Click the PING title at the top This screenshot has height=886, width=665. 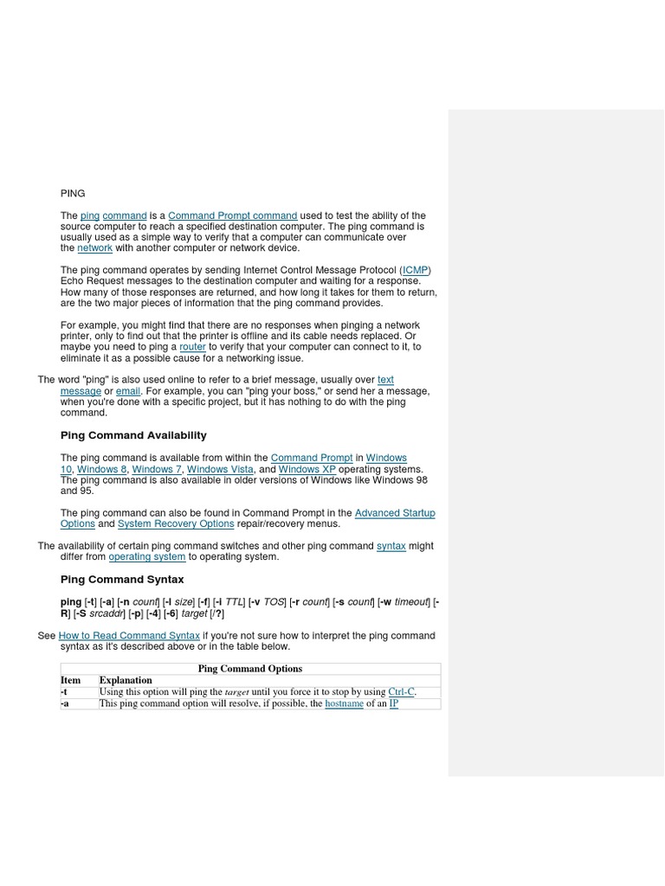coord(73,193)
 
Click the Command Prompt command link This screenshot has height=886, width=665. coord(232,215)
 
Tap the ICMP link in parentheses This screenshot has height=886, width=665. coord(416,270)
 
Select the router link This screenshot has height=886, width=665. coord(192,347)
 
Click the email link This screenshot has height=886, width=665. coord(128,391)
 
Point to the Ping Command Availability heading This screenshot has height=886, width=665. coord(133,435)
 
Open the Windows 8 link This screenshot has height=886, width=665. coord(102,469)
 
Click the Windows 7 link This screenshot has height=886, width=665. coord(157,469)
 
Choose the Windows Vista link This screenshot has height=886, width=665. coord(220,469)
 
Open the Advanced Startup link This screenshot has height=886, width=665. coord(395,513)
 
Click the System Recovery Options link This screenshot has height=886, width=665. coord(176,523)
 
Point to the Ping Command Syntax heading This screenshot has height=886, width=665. coord(122,579)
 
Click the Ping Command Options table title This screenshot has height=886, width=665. coord(250,668)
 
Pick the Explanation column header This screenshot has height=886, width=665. coord(126,680)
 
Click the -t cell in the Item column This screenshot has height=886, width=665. coord(64,691)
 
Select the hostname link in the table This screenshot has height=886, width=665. coord(344,703)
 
